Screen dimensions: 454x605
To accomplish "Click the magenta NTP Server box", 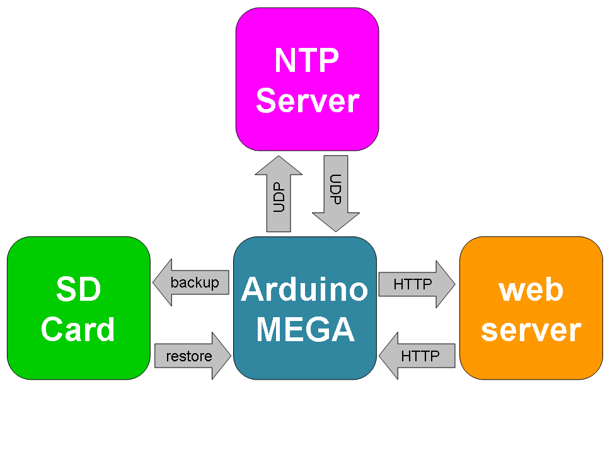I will [307, 79].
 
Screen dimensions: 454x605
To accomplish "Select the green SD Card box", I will [79, 308].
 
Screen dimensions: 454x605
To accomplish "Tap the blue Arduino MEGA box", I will [304, 308].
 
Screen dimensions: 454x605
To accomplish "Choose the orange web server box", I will [531, 308].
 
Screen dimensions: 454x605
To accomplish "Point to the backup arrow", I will [191, 283].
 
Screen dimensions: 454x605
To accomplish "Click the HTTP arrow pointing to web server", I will [416, 284].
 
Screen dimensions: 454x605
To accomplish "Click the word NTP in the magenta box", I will [307, 61].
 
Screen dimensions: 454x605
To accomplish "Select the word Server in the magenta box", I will [307, 100].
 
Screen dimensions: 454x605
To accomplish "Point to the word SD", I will [78, 289].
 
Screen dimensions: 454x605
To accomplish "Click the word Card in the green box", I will [78, 329].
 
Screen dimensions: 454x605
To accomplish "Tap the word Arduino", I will [304, 289].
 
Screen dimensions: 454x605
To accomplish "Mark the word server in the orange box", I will [531, 330].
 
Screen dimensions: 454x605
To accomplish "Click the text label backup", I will [195, 283].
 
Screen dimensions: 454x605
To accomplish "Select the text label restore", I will [189, 356].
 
